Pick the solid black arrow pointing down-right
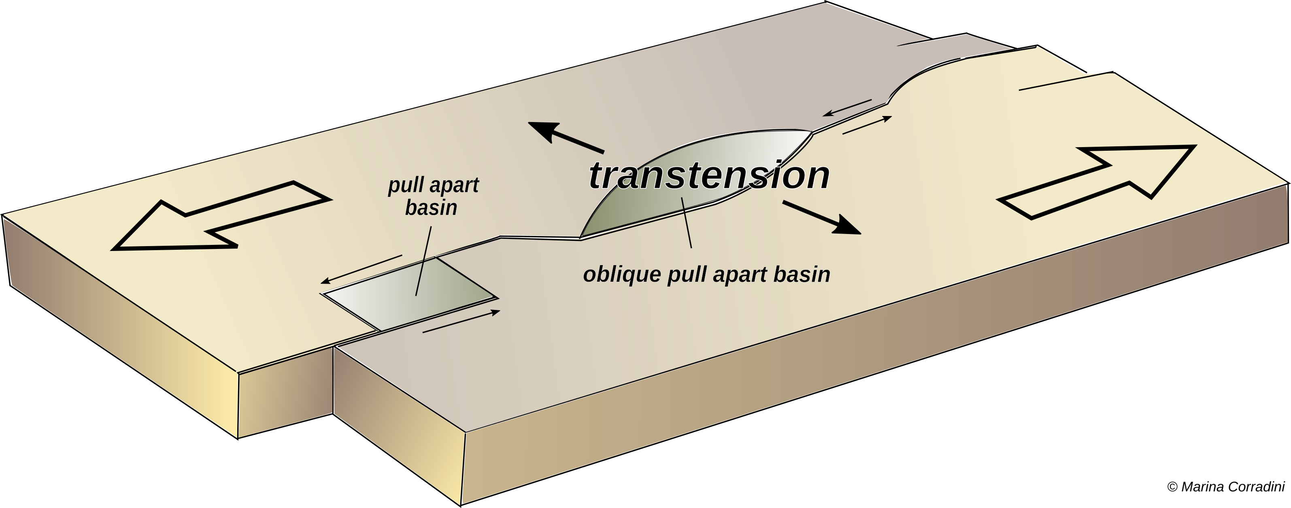click(822, 218)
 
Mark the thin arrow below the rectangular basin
click(461, 322)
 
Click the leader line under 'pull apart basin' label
click(423, 260)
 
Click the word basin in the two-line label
click(431, 208)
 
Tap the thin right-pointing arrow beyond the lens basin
click(867, 125)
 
